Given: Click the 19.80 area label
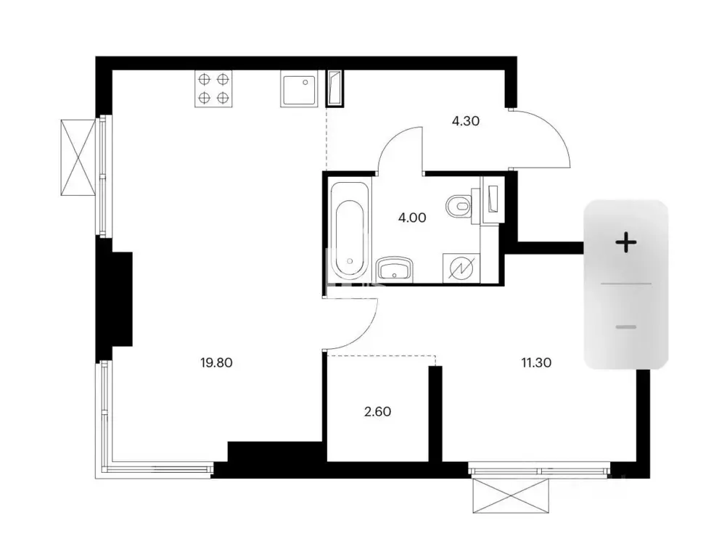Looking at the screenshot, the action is click(216, 363).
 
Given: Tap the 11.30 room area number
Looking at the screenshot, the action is click(536, 363).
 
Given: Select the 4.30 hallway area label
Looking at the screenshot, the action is click(466, 121).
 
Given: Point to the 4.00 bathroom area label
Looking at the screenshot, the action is click(412, 218).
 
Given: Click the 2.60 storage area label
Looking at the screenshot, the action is click(378, 411).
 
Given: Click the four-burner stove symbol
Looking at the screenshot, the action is click(213, 88).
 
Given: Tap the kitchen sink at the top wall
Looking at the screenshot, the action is click(298, 88).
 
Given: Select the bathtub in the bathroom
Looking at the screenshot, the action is click(349, 231).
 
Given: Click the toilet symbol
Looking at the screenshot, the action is click(459, 207).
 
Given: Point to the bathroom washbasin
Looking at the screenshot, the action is click(395, 269).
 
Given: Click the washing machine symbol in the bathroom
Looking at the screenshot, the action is click(461, 268).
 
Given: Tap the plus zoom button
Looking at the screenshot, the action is click(625, 242).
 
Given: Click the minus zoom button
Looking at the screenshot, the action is click(625, 327).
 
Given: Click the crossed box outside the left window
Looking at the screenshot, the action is click(78, 157).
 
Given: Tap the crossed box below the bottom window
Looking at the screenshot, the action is click(511, 496).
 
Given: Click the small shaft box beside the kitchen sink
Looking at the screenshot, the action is click(335, 88).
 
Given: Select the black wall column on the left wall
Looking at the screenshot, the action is click(115, 298).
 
